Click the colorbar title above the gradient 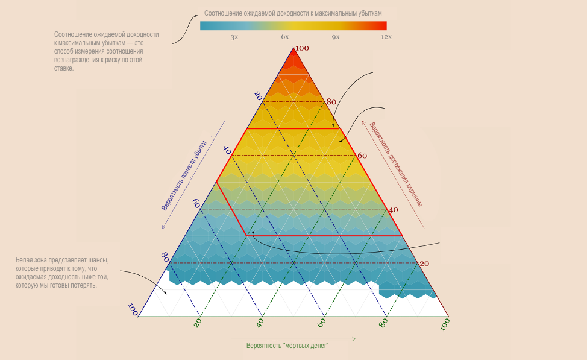click(x=293, y=13)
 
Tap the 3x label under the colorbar click(x=234, y=37)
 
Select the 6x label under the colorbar click(x=285, y=37)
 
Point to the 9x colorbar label click(x=336, y=37)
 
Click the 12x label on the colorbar click(x=386, y=37)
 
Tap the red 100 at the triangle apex click(x=302, y=48)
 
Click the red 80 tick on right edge click(x=331, y=102)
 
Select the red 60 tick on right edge click(x=362, y=156)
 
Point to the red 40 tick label click(x=393, y=210)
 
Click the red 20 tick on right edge click(x=424, y=264)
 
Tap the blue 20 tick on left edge click(x=258, y=95)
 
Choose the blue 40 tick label click(x=227, y=150)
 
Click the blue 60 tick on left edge click(x=196, y=204)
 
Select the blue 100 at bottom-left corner click(x=133, y=310)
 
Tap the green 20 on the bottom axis click(x=197, y=323)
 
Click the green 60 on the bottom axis click(x=321, y=323)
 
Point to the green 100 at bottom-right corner click(x=445, y=324)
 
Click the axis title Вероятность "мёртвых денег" click(x=287, y=346)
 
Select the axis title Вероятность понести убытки click(x=184, y=175)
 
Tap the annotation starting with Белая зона click(x=62, y=273)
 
